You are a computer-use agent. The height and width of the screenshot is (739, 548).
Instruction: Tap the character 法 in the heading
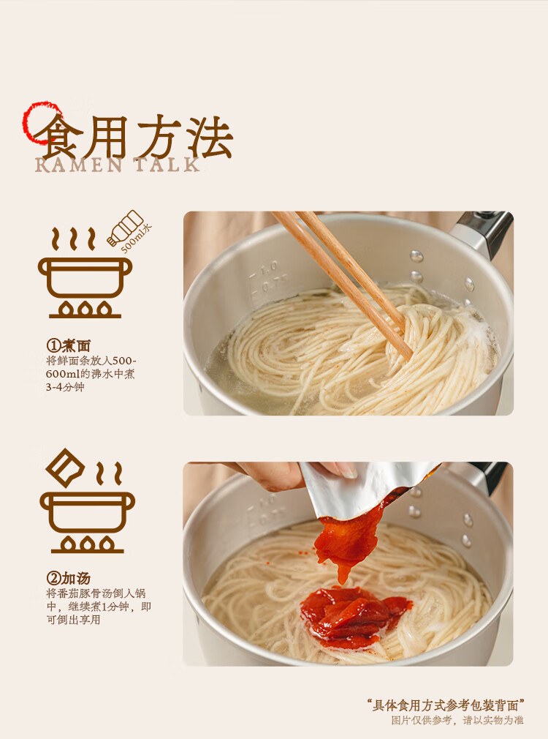(x=210, y=137)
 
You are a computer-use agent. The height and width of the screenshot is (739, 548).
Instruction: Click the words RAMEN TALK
(x=118, y=165)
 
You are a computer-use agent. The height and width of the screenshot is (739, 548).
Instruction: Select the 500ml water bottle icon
(x=125, y=228)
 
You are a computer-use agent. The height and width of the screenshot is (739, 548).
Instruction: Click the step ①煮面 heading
(x=68, y=345)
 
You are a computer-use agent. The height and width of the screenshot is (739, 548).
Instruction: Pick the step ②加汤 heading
(x=68, y=578)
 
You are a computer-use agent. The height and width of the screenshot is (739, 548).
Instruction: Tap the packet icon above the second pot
(x=65, y=468)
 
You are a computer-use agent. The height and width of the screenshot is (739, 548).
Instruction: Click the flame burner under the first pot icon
(x=85, y=310)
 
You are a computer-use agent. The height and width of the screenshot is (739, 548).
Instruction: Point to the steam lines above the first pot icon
(x=73, y=239)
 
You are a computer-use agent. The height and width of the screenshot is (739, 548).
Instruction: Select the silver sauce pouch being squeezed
(x=362, y=488)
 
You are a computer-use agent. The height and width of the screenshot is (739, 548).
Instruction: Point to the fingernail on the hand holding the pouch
(x=344, y=470)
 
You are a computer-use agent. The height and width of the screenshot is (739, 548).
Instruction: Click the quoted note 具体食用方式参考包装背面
(x=446, y=705)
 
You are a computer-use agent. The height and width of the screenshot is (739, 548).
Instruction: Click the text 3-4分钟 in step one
(x=65, y=387)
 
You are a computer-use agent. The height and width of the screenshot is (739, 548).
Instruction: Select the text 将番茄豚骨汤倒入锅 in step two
(x=96, y=593)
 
